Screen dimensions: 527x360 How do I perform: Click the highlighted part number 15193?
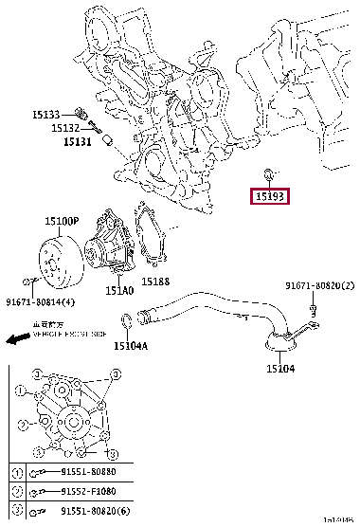(x=270, y=196)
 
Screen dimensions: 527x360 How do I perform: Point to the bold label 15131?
(x=78, y=141)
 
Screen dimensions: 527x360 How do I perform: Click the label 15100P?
(x=62, y=221)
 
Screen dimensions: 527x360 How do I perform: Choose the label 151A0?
(x=119, y=292)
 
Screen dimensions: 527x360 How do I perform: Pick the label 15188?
(x=155, y=282)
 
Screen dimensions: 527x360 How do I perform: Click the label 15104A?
(x=131, y=347)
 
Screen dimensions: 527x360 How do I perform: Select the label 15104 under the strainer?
(x=280, y=368)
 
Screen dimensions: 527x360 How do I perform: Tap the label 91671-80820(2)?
(x=319, y=285)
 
